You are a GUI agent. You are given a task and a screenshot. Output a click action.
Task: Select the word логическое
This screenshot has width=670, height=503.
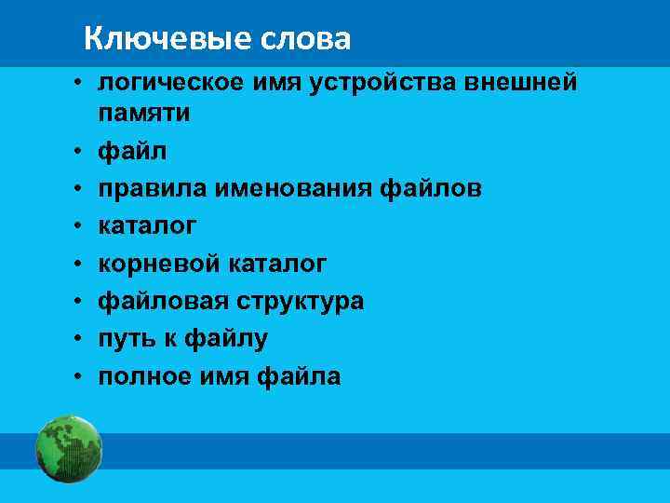(171, 83)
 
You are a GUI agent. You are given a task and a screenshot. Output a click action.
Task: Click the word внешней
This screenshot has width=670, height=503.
(525, 83)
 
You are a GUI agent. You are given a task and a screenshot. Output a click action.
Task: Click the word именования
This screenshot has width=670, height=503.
(293, 189)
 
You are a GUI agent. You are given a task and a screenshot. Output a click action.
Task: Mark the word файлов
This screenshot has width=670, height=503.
(432, 189)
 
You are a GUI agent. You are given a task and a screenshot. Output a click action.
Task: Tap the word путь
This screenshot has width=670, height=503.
(126, 339)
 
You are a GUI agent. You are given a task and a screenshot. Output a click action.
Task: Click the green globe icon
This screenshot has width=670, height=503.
(69, 450)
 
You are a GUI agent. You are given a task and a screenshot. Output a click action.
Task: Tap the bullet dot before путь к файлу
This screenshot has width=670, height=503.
(81, 340)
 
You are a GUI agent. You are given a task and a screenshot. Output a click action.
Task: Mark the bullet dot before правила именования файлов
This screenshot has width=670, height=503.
(81, 190)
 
